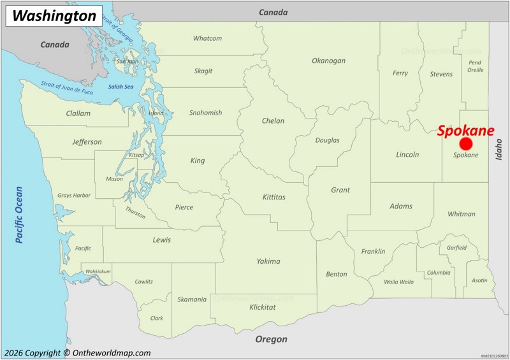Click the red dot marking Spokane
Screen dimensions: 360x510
[x=466, y=144]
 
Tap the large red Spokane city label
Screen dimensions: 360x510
[x=465, y=131]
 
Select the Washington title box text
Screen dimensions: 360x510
[x=54, y=16]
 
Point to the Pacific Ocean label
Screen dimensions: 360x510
[x=19, y=214]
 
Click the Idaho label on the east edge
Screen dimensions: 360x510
[x=499, y=148]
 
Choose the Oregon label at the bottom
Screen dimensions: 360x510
[x=271, y=339]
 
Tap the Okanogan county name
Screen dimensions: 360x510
[x=328, y=61]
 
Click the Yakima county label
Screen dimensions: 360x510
[x=268, y=261]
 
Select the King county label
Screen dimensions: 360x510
[x=198, y=161]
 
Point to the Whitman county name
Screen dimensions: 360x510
[x=461, y=214]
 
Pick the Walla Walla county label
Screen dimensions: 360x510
[x=398, y=282]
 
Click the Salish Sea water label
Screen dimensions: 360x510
[x=120, y=87]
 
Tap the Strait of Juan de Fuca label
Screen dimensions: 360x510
[x=67, y=87]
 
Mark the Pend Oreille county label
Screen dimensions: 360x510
[x=475, y=66]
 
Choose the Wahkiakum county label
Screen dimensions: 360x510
[x=98, y=271]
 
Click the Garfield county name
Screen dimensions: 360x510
[x=456, y=248]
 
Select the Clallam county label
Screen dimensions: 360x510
[x=78, y=113]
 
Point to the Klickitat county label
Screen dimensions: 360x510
[x=263, y=307]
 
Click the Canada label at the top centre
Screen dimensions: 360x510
[x=273, y=12]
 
